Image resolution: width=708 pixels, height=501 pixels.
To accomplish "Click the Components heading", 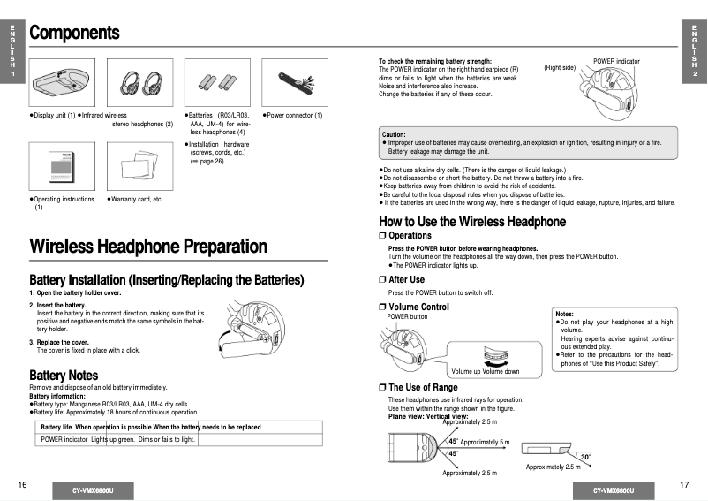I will (74, 33).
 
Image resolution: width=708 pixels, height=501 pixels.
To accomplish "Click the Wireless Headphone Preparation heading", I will (147, 247).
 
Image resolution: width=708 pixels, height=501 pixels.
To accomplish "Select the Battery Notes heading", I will (64, 376).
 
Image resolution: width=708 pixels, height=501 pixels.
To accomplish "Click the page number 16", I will (22, 485).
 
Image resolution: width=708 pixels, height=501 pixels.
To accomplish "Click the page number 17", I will (684, 485).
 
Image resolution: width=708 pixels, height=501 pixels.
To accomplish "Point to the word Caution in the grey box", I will (394, 134).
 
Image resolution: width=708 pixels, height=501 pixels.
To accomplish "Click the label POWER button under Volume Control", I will (407, 316).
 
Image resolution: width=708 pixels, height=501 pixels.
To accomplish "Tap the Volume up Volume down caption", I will (486, 371).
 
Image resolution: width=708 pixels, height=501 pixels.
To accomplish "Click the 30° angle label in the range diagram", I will (585, 456).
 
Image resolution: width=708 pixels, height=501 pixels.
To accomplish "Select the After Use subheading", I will (406, 279).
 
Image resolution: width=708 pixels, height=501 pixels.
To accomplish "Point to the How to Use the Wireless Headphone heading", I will (471, 221).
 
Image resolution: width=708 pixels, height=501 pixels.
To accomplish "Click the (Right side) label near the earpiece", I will (560, 68).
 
